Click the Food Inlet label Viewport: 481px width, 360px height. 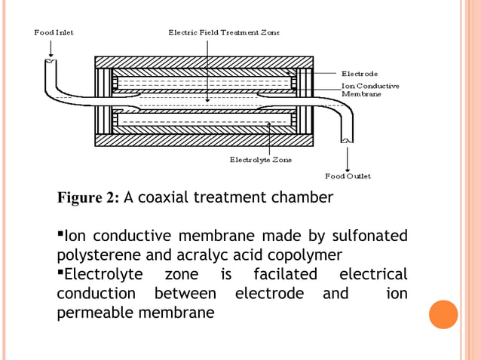[x=54, y=32]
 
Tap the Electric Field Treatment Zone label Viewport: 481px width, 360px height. [x=223, y=32]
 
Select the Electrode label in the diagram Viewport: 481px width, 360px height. [x=360, y=74]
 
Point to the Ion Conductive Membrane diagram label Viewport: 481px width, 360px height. [x=370, y=90]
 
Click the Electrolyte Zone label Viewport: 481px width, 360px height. [x=261, y=160]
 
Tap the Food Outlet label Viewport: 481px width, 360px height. [x=348, y=176]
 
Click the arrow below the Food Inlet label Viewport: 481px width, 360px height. [x=51, y=49]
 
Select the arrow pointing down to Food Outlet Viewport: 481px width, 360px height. [x=347, y=158]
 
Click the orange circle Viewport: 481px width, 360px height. [x=443, y=314]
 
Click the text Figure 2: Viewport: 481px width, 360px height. [x=88, y=198]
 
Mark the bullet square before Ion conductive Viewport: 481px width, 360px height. [x=60, y=233]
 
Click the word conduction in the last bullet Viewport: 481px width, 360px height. [x=96, y=292]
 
